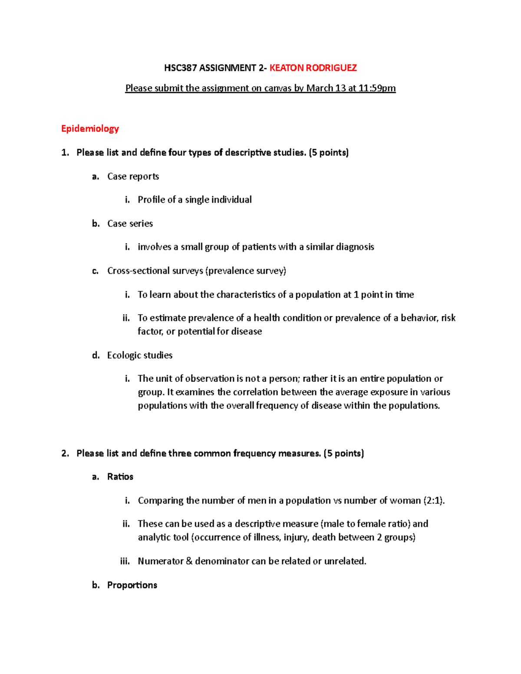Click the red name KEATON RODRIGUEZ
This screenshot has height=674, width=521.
(x=313, y=68)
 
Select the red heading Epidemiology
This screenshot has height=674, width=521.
(x=90, y=128)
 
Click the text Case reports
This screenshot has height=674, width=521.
(x=133, y=176)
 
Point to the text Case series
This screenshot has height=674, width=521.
(x=130, y=224)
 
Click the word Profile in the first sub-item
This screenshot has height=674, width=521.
(x=151, y=200)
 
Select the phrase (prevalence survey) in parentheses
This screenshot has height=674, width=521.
(x=246, y=271)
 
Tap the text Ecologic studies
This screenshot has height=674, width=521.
(x=140, y=355)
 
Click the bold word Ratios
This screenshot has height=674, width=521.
(x=120, y=477)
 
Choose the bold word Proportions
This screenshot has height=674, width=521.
(x=132, y=585)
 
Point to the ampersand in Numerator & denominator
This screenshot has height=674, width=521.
(x=189, y=561)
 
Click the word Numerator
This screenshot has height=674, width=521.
(x=160, y=561)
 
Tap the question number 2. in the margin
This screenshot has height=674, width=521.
(x=65, y=454)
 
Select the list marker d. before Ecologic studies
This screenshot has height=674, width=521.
(x=96, y=355)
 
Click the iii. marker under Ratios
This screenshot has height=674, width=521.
(x=125, y=561)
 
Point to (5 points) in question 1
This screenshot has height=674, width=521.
(x=329, y=152)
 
